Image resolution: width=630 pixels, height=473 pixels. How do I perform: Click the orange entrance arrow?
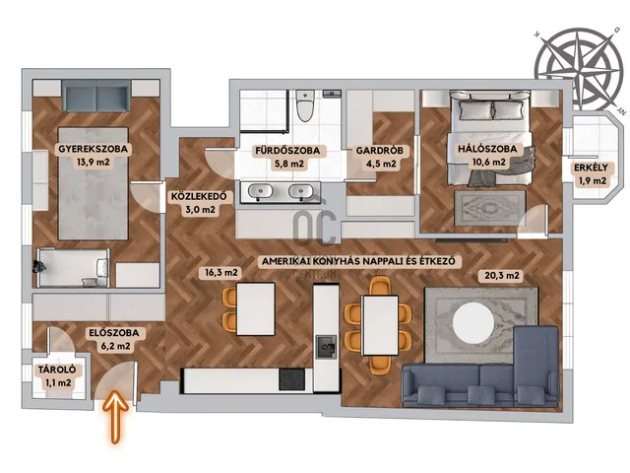(115, 416)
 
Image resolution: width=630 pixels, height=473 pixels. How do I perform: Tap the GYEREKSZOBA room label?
(94, 149)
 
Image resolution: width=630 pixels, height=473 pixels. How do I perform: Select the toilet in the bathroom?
(305, 105)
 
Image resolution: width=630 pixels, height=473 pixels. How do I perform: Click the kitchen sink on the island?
(326, 347)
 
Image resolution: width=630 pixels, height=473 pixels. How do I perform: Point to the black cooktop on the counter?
(292, 379)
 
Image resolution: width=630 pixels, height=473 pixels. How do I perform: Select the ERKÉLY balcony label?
(591, 168)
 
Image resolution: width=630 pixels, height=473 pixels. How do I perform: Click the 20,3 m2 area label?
(502, 276)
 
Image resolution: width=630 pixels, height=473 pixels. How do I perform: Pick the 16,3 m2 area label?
(220, 273)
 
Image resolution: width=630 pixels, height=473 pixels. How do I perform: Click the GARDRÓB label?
(380, 151)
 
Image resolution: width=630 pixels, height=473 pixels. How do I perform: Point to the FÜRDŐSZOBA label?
(287, 151)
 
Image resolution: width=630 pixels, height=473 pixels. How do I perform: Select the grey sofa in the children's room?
(96, 96)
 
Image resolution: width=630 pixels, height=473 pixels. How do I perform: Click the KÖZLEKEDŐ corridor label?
(199, 197)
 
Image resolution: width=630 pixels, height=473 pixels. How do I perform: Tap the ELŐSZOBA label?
(114, 333)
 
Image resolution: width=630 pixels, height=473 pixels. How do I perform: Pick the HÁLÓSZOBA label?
(488, 149)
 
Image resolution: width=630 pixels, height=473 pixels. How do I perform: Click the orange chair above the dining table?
(380, 286)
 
